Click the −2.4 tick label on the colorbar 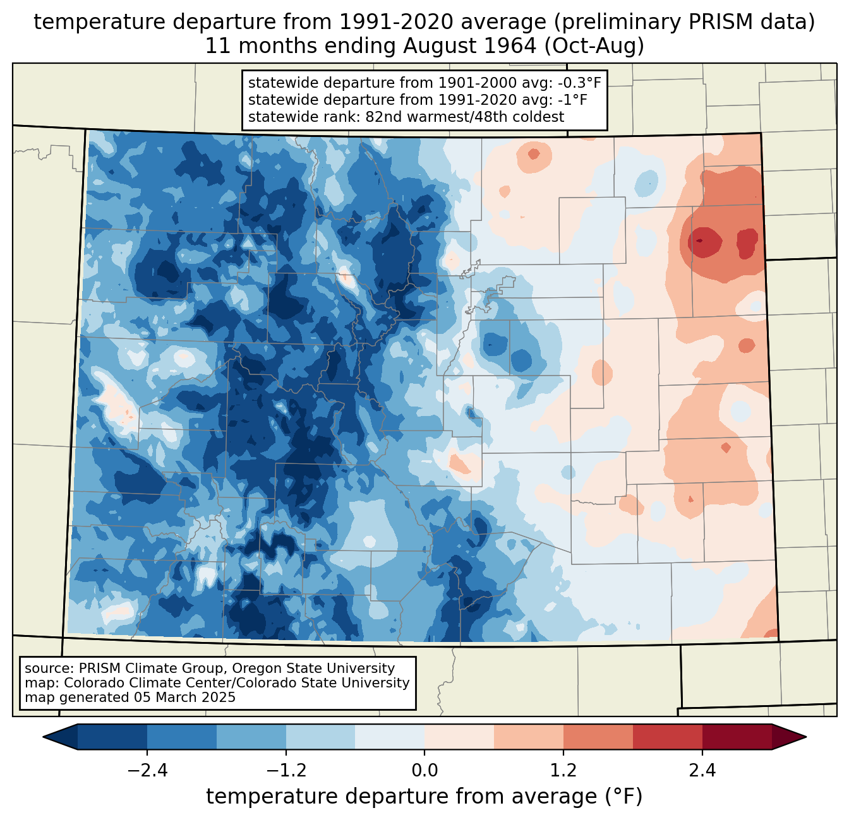pos(147,771)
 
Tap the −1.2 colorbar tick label pos(286,771)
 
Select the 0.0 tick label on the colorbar pos(424,771)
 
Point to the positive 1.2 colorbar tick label pos(563,771)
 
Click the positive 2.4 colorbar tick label pos(702,771)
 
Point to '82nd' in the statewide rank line pos(383,117)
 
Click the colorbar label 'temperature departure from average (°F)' pos(424,797)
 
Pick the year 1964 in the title pos(506,46)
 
